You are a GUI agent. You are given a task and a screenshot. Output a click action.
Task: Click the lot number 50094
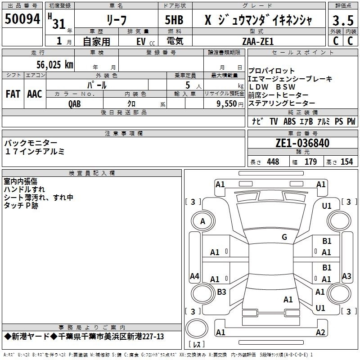22,19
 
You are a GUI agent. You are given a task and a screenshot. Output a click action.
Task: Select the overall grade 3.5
343,20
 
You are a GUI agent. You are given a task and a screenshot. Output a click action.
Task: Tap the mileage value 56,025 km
55,65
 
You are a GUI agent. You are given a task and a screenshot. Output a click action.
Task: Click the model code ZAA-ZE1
258,41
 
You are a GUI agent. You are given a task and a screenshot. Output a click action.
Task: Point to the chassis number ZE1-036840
302,143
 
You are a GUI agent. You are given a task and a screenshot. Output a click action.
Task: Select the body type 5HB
174,20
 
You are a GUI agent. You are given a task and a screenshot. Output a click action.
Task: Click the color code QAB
74,104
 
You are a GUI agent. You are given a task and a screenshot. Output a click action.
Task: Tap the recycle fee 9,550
227,104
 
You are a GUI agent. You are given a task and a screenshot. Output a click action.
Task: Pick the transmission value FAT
13,94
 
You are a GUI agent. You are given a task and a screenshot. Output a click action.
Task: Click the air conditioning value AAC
35,94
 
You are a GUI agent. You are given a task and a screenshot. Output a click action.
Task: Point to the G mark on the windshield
284,237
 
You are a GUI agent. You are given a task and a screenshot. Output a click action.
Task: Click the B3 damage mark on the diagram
221,292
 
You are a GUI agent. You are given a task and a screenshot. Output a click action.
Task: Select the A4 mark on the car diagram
194,276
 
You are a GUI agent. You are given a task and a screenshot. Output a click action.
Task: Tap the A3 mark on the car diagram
346,276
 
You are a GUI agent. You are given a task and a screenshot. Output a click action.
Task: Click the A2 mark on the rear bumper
320,332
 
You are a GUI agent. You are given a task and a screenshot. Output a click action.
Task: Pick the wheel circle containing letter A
203,221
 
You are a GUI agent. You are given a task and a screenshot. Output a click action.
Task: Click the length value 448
273,162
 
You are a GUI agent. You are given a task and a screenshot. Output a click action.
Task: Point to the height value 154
346,162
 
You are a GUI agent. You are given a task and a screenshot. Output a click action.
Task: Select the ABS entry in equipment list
289,121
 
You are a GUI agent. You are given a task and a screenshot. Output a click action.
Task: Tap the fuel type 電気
175,41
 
